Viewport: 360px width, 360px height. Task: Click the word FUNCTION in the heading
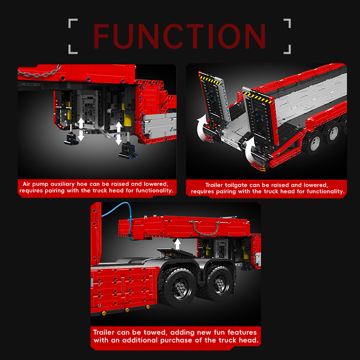[x=180, y=36]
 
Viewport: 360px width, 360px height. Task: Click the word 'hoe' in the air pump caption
[x=82, y=184]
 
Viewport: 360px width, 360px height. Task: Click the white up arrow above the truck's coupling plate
[x=177, y=244]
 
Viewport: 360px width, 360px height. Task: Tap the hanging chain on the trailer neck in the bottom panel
[x=205, y=229]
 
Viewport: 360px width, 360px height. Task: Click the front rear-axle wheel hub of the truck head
[x=180, y=288]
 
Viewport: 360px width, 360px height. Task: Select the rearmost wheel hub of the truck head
[x=220, y=284]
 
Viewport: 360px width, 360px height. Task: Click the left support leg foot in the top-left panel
[x=72, y=139]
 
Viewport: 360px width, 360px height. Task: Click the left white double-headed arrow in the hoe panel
[x=81, y=129]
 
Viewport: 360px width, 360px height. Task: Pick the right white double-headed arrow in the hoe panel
[x=118, y=133]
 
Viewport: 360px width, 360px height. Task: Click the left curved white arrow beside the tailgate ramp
[x=202, y=127]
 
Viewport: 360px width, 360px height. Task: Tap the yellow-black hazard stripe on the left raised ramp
[x=211, y=79]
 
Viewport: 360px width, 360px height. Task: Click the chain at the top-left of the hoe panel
[x=40, y=72]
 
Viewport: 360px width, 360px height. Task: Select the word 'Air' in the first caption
[x=26, y=184]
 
